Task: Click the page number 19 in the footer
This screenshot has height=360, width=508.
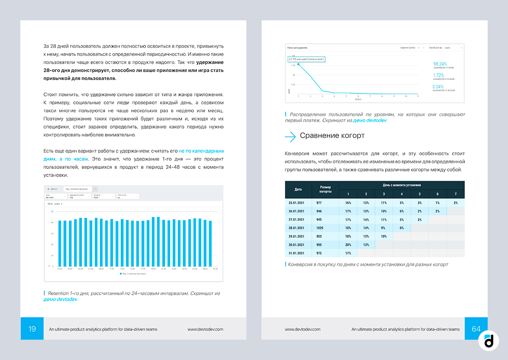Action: [x=32, y=329]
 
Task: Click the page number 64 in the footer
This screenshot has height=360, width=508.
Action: [x=476, y=329]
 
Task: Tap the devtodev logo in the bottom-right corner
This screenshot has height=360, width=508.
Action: [x=489, y=341]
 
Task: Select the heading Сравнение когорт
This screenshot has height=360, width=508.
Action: [x=332, y=136]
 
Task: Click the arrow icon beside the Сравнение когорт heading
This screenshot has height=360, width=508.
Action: [x=290, y=136]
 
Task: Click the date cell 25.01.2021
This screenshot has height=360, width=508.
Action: [x=297, y=203]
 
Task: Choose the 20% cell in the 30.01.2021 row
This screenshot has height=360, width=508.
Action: [x=348, y=245]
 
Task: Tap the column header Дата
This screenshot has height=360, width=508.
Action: [x=298, y=190]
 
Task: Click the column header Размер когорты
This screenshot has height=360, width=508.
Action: [x=325, y=190]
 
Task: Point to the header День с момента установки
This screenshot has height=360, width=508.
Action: [x=402, y=185]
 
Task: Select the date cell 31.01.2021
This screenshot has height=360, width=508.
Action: [x=297, y=253]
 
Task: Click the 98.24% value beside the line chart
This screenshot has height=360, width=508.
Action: [x=440, y=64]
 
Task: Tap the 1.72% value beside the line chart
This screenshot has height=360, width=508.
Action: [x=439, y=75]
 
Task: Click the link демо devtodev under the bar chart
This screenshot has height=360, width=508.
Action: [x=61, y=300]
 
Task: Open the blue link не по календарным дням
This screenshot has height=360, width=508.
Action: [x=201, y=151]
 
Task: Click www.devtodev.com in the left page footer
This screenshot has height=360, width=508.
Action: [x=205, y=329]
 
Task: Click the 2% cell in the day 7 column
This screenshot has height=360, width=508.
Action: [x=456, y=203]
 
